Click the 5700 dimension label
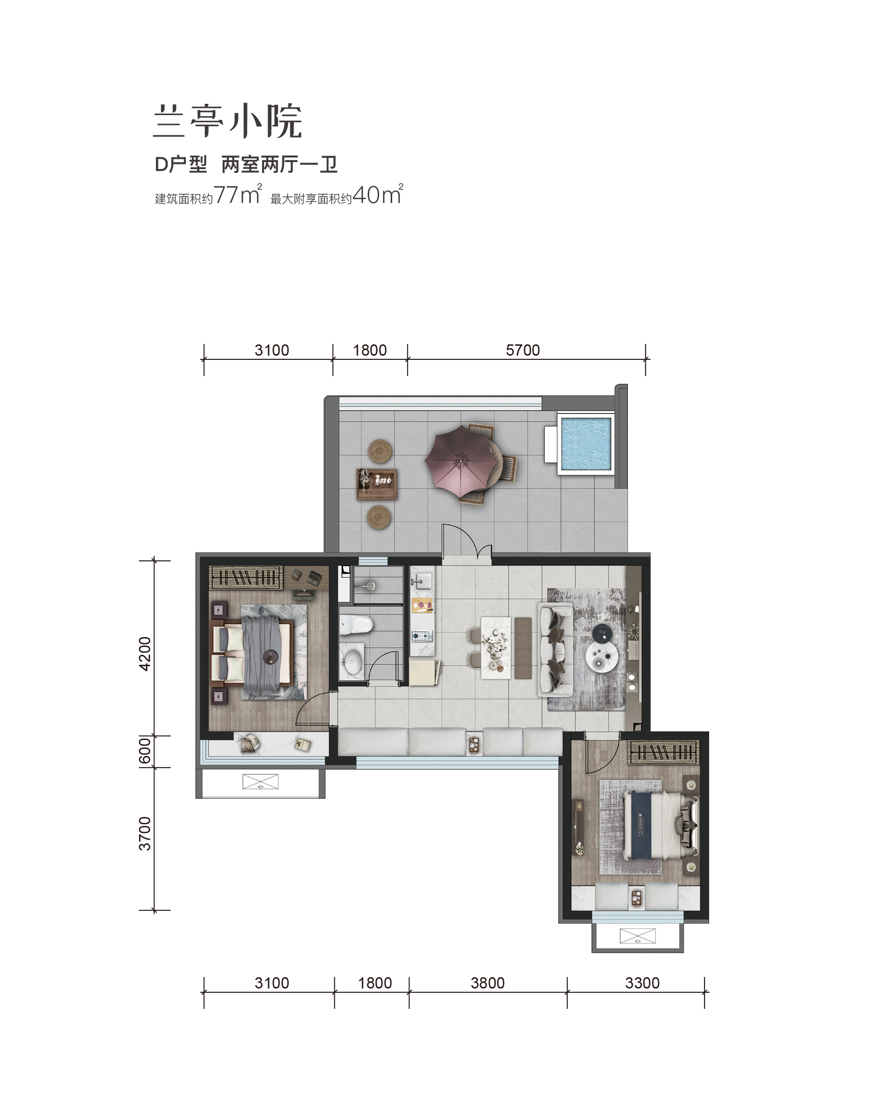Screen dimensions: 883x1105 pos(523,350)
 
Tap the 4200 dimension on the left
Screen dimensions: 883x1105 pos(145,654)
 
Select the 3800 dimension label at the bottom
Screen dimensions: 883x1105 pos(488,983)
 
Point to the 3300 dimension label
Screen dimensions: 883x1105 pos(642,983)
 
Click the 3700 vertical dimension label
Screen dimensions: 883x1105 pos(145,834)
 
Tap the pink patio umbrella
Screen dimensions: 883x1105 pos(461,462)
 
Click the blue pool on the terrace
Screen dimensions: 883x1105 pos(586,444)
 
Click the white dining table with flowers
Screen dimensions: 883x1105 pos(496,648)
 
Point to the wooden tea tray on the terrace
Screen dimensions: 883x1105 pos(377,483)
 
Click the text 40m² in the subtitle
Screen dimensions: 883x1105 pos(378,195)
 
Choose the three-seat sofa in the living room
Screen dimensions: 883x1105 pos(555,649)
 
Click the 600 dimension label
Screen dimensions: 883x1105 pos(145,751)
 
